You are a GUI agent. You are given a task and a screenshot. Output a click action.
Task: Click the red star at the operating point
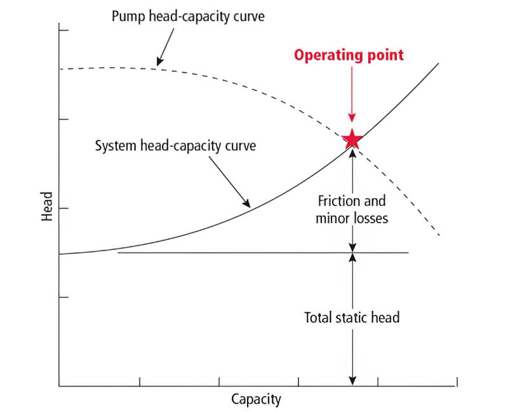tap(352, 139)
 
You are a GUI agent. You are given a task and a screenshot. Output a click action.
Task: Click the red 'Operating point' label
tap(348, 55)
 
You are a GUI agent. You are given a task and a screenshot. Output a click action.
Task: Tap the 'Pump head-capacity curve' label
tap(188, 16)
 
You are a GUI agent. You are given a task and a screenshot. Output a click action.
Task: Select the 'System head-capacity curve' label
tap(175, 146)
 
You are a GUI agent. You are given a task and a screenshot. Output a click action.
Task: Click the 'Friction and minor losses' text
tap(352, 210)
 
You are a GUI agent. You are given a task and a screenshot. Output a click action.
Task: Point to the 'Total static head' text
tap(352, 317)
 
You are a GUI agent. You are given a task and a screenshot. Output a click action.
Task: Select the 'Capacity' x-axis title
tap(256, 399)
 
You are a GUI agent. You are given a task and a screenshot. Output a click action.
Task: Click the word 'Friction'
tap(338, 202)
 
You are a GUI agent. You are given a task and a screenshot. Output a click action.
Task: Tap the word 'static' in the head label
tap(354, 317)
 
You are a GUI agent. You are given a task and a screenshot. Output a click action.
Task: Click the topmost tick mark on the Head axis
tap(63, 30)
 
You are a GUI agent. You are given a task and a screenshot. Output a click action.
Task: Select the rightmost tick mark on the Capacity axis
tap(457, 381)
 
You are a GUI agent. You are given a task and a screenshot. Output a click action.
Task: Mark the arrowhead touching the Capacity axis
tap(352, 380)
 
